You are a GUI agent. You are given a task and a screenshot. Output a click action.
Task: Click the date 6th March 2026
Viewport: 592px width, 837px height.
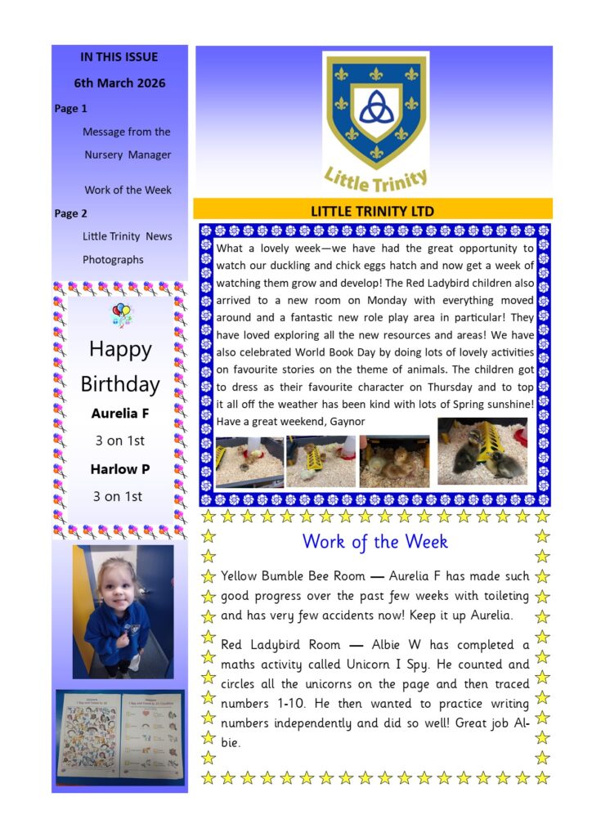(x=119, y=83)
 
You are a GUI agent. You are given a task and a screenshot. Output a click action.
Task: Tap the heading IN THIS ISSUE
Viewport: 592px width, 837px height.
(x=119, y=57)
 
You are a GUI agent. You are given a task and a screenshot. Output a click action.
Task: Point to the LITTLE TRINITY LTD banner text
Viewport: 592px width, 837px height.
(x=372, y=211)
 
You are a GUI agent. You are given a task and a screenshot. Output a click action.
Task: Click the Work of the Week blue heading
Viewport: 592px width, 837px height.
(x=374, y=542)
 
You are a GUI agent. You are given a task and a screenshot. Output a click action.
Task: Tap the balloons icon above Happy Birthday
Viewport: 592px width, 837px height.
(x=121, y=314)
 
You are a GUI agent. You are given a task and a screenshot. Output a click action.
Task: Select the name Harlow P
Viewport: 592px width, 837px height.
(x=119, y=469)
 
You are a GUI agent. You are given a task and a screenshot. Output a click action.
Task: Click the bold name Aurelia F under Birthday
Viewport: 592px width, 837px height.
(x=119, y=414)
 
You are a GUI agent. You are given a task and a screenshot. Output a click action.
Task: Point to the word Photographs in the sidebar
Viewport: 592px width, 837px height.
(x=113, y=260)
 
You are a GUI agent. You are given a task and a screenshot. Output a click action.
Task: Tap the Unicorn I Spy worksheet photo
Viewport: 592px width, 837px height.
(x=119, y=734)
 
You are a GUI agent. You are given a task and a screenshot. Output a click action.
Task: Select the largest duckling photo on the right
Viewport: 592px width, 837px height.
(x=482, y=451)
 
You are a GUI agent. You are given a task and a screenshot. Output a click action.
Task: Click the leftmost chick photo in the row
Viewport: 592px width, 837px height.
(x=249, y=462)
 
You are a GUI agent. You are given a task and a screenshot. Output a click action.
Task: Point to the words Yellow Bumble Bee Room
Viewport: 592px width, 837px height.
(x=282, y=577)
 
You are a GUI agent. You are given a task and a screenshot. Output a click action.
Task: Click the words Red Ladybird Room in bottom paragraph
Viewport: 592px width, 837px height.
(x=278, y=646)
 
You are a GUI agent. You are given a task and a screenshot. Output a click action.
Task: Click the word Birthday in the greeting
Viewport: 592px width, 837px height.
(x=120, y=384)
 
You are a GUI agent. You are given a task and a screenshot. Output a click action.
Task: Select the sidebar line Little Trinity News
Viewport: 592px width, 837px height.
(x=128, y=236)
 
